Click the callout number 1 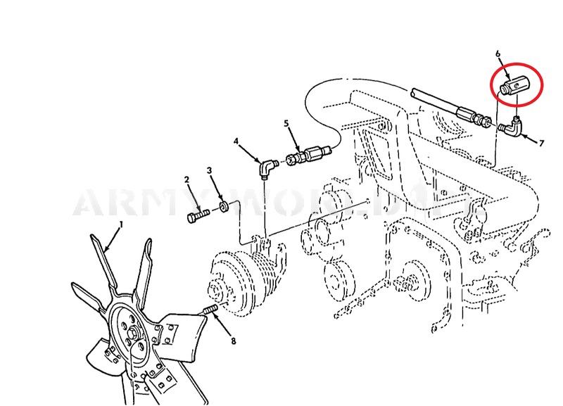[x=120, y=224]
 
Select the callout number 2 [x=187, y=179]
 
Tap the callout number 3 [x=209, y=170]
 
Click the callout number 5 [x=286, y=123]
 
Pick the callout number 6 [x=498, y=53]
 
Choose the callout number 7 [x=541, y=143]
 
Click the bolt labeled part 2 [x=198, y=213]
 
